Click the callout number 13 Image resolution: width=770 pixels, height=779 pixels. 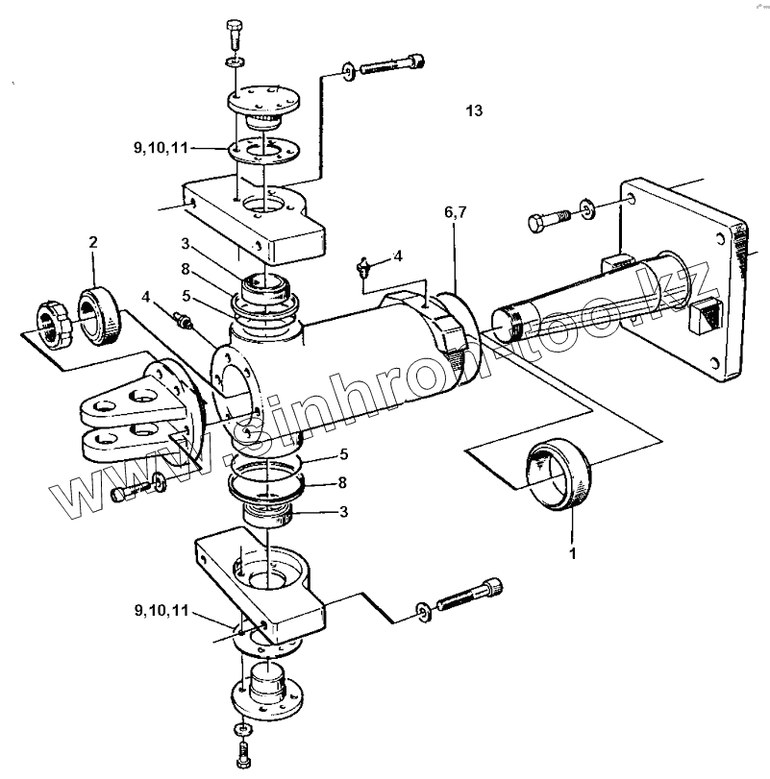474,110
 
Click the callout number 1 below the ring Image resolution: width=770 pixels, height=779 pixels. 573,553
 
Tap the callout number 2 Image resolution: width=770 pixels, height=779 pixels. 93,242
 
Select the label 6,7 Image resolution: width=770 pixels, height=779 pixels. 456,212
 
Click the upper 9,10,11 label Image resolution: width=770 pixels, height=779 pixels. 161,148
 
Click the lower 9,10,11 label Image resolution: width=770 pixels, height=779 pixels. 162,610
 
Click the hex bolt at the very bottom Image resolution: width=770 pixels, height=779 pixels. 242,755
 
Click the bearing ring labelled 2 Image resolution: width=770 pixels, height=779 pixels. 98,316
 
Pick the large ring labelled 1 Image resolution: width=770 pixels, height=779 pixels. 559,475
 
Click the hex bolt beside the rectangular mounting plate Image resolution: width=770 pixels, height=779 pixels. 549,220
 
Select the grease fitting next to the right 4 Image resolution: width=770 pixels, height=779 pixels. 365,267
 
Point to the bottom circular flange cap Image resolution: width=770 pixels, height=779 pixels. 267,692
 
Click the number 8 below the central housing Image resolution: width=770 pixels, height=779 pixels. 342,482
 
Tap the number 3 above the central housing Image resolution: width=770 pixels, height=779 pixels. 186,244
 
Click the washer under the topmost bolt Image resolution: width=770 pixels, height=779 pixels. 235,62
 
